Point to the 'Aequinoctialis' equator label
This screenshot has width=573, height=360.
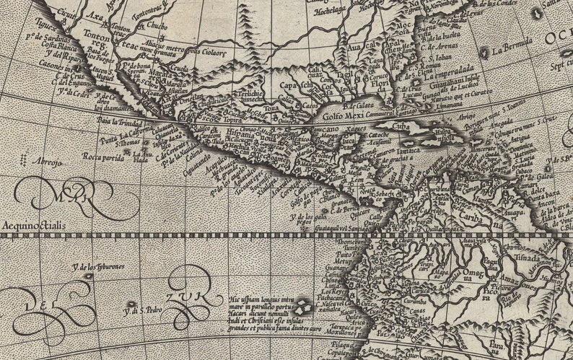coord(34,225)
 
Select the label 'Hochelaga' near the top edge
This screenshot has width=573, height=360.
coord(328,12)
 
